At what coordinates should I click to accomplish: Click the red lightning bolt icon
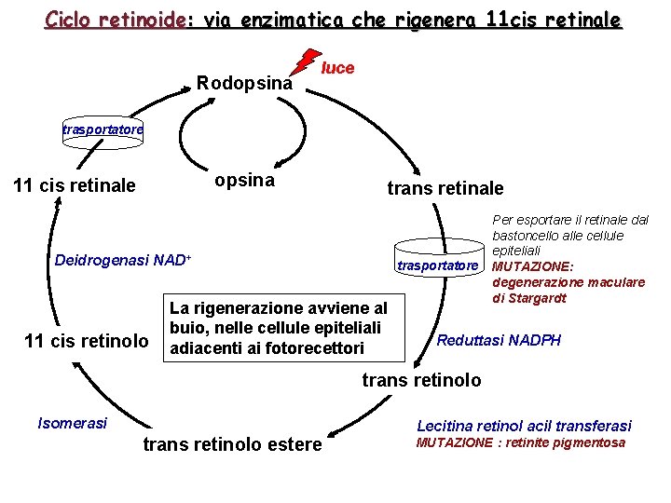click(304, 61)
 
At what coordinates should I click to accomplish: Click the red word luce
click(337, 68)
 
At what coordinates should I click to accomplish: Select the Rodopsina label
click(244, 83)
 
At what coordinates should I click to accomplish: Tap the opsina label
click(244, 180)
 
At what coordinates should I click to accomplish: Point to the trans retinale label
click(445, 188)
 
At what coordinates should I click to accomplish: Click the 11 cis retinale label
click(75, 185)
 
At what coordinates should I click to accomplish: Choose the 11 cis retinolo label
click(86, 341)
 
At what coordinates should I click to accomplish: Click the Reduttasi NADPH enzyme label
click(500, 341)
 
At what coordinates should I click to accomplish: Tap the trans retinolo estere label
click(232, 444)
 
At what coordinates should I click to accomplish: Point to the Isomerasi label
click(72, 423)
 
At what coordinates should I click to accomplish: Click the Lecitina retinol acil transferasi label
click(524, 425)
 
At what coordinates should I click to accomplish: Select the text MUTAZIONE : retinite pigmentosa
click(520, 443)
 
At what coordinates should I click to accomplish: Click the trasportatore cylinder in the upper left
click(103, 129)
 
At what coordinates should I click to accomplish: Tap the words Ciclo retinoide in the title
click(115, 20)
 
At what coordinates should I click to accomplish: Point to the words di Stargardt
click(528, 299)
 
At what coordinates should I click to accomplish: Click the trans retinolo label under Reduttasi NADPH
click(421, 380)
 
